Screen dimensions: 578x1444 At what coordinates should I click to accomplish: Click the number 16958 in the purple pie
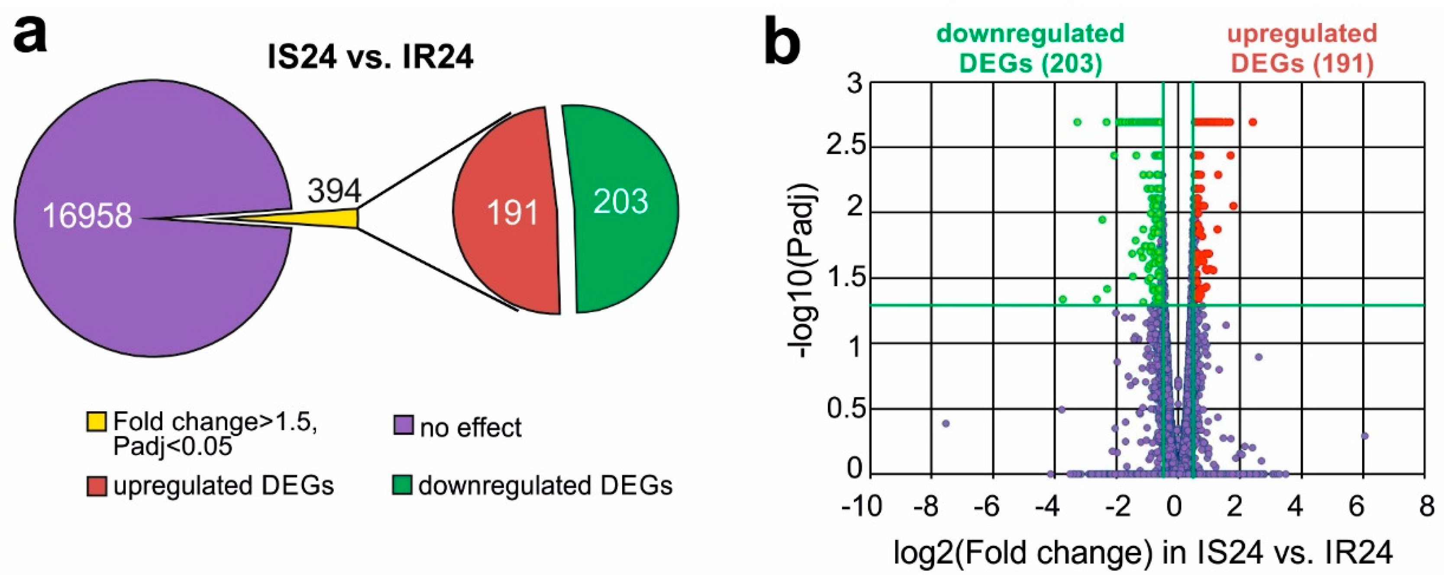click(x=87, y=216)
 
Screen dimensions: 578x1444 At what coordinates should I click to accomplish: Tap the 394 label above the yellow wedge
click(x=334, y=191)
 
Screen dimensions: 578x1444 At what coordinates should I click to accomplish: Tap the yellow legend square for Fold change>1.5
click(x=97, y=422)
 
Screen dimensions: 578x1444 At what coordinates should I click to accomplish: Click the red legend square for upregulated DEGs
click(x=97, y=485)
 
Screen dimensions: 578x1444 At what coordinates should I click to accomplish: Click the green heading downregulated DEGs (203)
click(x=1031, y=48)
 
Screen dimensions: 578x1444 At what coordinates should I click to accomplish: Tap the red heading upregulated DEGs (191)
click(x=1302, y=48)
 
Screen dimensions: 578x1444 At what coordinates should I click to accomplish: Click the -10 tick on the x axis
click(x=862, y=507)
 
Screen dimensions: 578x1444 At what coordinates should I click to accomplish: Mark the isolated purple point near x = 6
click(x=1364, y=436)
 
